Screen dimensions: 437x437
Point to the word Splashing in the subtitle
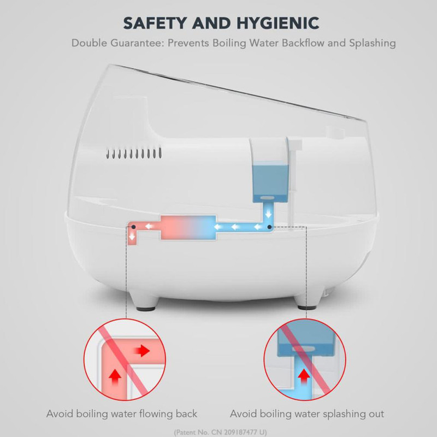(373, 43)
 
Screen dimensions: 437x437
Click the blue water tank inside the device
(270, 182)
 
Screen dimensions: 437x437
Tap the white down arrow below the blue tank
(268, 214)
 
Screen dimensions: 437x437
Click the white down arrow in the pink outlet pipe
(132, 237)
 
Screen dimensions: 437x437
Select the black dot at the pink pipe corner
(133, 227)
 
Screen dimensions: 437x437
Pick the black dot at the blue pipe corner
(269, 227)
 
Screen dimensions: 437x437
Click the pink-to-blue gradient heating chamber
(188, 227)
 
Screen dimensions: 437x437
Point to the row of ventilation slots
(134, 153)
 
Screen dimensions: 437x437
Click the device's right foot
(306, 303)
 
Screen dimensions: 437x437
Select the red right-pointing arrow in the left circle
(143, 350)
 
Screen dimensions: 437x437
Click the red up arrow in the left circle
(115, 377)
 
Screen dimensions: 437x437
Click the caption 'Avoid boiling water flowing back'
(122, 414)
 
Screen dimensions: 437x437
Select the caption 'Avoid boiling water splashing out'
(307, 414)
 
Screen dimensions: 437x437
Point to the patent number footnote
(221, 433)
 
